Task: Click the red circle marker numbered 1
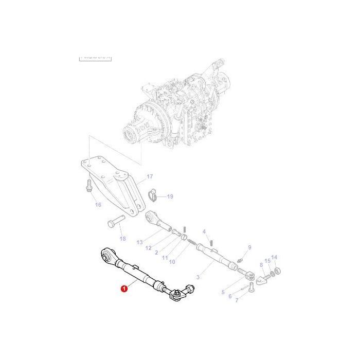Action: (x=123, y=290)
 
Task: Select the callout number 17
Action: (x=150, y=176)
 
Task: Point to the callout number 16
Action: (x=98, y=205)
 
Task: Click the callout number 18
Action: (x=122, y=239)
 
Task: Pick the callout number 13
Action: (x=139, y=242)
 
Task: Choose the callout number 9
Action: (x=249, y=247)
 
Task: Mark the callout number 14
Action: (x=274, y=257)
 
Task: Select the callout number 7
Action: (x=237, y=300)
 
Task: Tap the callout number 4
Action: (x=204, y=231)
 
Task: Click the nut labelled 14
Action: (x=276, y=270)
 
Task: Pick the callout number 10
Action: (x=172, y=262)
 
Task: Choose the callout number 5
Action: (x=223, y=292)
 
